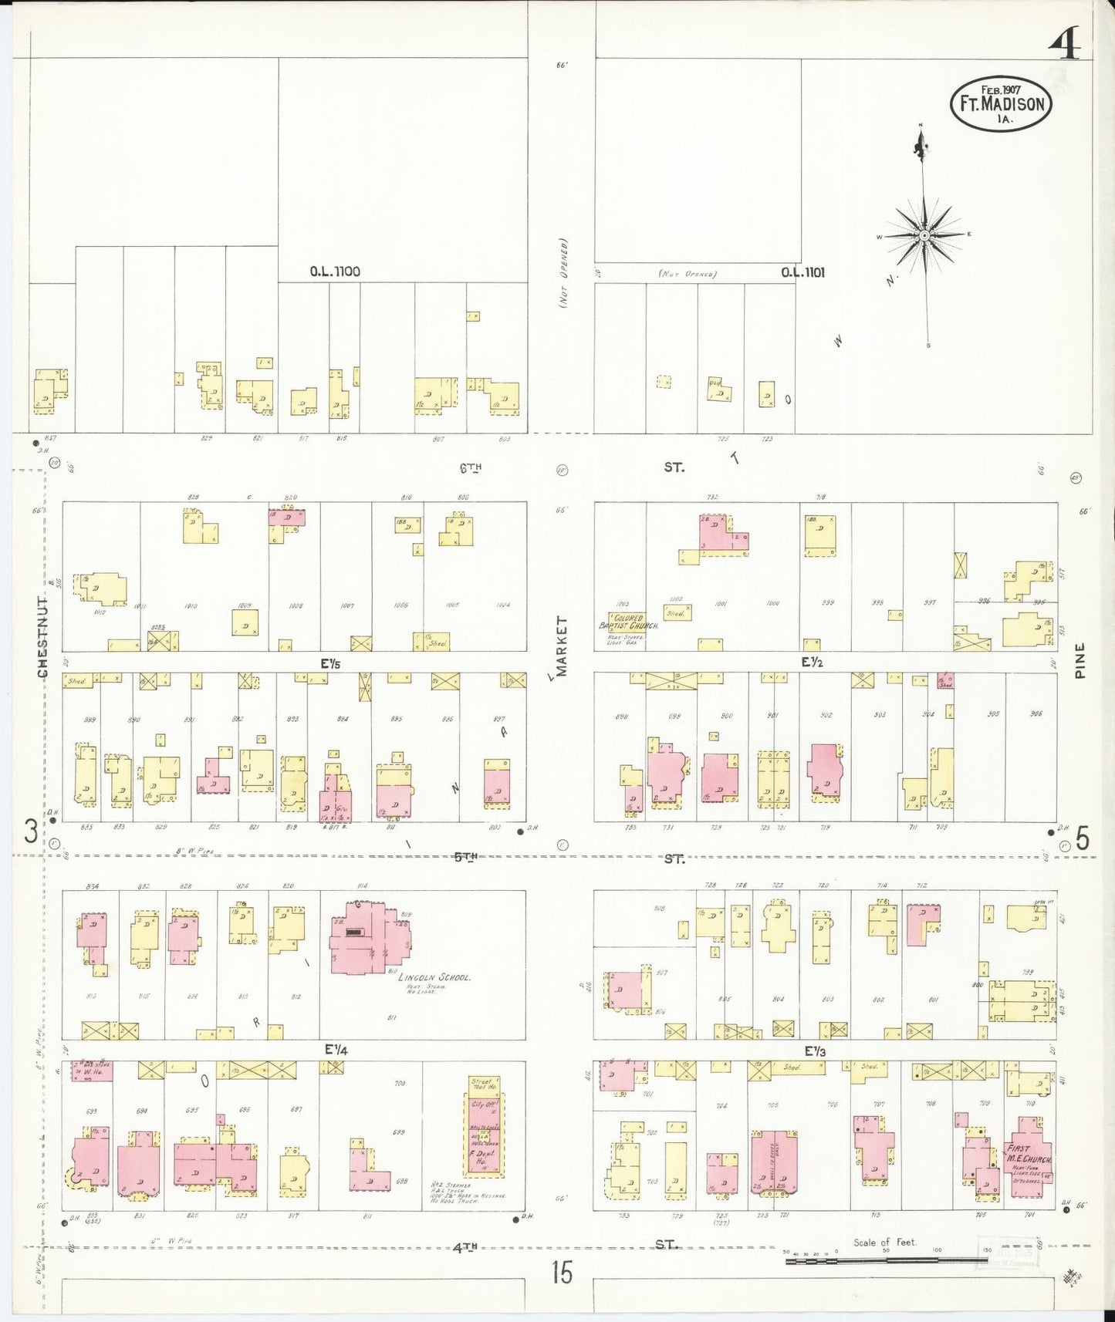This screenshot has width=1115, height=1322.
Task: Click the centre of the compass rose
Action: point(924,234)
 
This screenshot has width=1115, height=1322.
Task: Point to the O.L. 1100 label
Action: point(335,271)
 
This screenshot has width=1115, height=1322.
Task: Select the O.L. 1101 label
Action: point(802,271)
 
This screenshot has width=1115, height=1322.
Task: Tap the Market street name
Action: point(562,646)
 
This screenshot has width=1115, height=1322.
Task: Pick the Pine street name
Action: point(1080,660)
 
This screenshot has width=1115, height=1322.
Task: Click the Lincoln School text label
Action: point(434,977)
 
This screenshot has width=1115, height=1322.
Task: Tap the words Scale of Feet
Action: point(884,1242)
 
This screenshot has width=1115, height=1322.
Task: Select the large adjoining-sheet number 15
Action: point(562,1272)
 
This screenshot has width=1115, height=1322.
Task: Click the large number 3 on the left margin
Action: point(31,832)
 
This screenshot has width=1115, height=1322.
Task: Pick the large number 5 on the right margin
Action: point(1083,838)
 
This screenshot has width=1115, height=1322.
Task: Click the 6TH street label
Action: point(470,467)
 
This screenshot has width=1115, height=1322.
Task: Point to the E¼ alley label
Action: point(336,1049)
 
